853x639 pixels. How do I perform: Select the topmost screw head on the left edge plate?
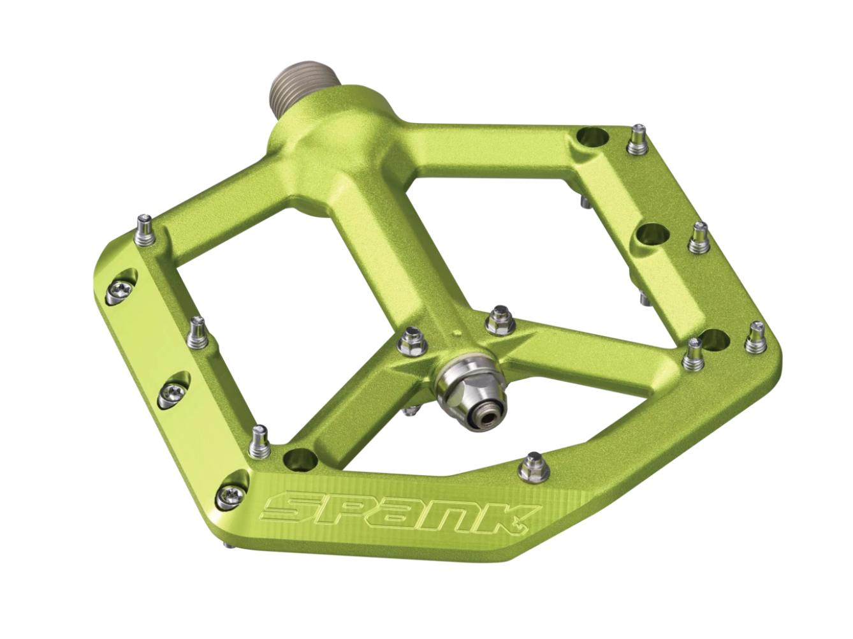[x=122, y=291]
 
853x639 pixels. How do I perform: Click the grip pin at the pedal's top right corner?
[x=636, y=138]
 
